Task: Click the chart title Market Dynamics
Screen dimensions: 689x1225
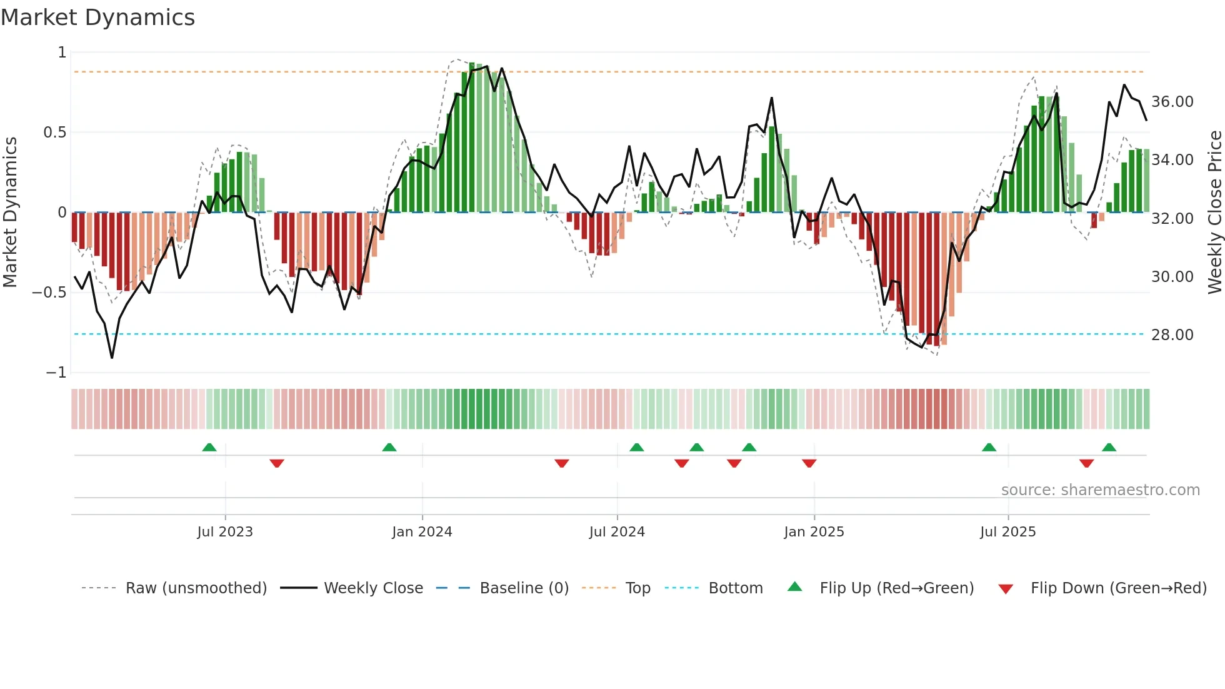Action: click(x=97, y=18)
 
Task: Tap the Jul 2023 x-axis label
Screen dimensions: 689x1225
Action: click(x=225, y=532)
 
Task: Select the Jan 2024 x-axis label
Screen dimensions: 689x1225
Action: click(x=422, y=532)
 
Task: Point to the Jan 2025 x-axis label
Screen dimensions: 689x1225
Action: click(x=814, y=532)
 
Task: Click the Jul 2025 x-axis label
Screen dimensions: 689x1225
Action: click(x=1007, y=532)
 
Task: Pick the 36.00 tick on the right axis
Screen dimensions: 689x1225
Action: click(x=1172, y=102)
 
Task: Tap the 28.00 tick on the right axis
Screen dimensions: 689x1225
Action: click(x=1172, y=335)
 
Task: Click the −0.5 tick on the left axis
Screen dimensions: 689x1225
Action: click(x=49, y=293)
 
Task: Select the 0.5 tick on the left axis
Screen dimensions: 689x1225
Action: click(x=54, y=133)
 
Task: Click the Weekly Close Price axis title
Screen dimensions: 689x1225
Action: click(x=1214, y=213)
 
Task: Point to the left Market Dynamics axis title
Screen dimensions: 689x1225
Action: click(x=10, y=213)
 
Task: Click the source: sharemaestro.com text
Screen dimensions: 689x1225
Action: click(x=1100, y=490)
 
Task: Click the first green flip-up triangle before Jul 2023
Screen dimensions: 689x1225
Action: click(x=209, y=448)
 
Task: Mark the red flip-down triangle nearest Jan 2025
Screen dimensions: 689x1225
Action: click(x=809, y=463)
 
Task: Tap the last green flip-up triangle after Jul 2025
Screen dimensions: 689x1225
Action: click(x=1109, y=448)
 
